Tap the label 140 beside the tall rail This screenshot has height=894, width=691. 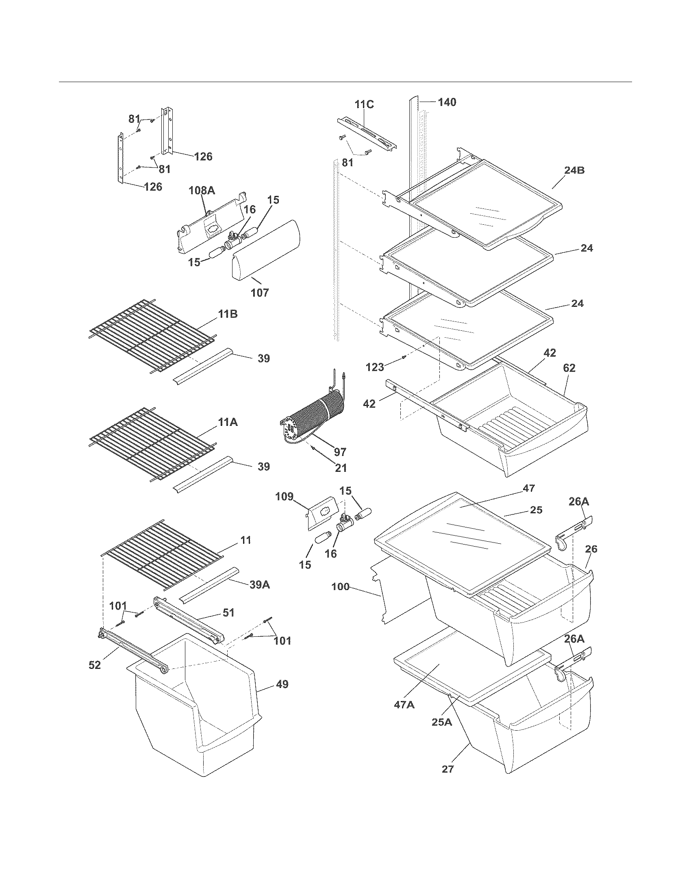click(447, 102)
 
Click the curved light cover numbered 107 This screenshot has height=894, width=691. click(266, 254)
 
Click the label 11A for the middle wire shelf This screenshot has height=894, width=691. click(228, 422)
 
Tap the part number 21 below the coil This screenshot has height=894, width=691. click(341, 468)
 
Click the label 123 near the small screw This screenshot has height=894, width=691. click(376, 367)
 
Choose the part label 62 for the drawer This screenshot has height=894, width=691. click(569, 368)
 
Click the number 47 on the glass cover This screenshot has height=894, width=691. click(528, 488)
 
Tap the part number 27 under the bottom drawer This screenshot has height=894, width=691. click(448, 769)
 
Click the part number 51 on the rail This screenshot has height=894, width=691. click(228, 613)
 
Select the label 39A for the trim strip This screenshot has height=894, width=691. click(260, 585)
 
